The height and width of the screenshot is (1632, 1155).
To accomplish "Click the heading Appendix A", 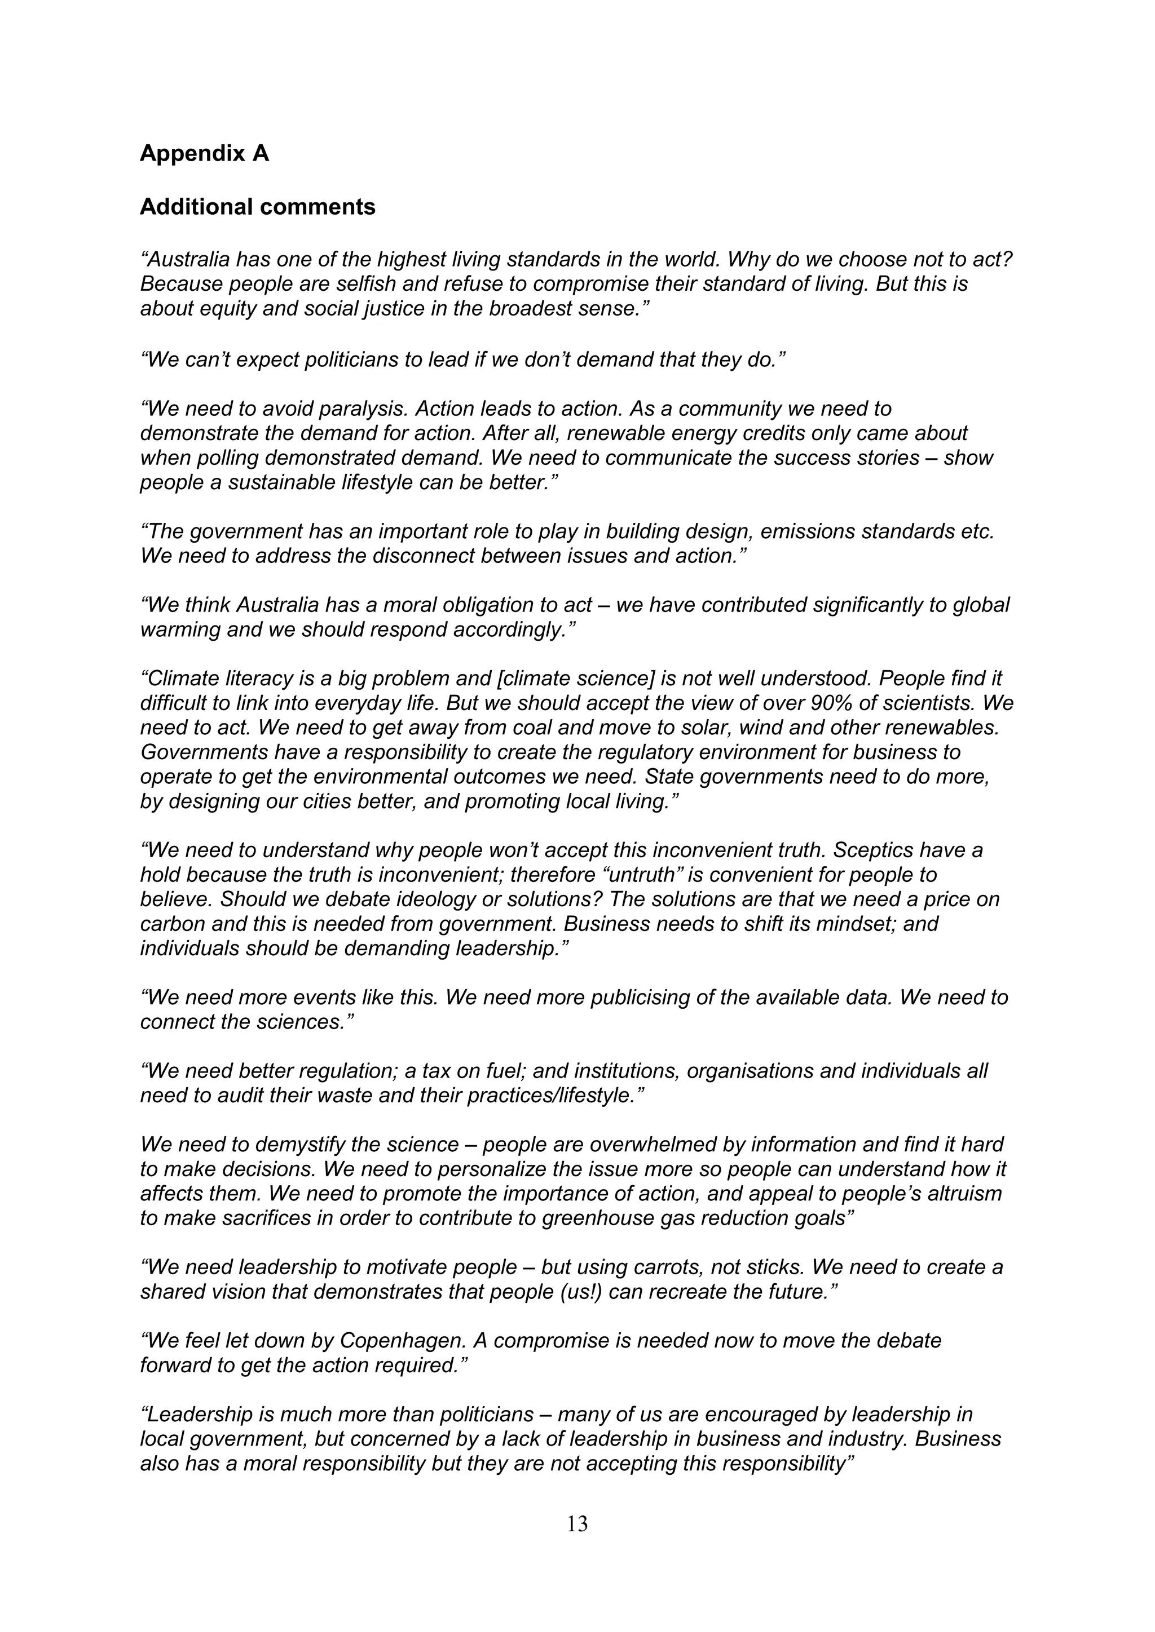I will tap(204, 153).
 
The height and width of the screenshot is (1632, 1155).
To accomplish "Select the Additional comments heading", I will tap(258, 207).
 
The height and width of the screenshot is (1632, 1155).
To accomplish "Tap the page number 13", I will tap(577, 1523).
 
